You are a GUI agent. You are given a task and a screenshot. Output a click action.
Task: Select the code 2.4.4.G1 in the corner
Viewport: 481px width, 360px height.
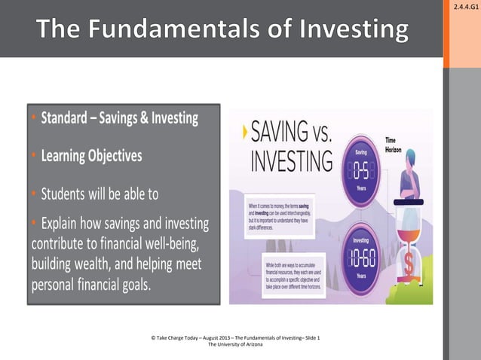(x=464, y=7)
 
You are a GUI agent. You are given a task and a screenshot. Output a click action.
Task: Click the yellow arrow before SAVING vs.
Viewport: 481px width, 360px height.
(x=244, y=133)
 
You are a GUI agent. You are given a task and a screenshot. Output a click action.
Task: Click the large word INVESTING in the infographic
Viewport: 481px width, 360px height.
(x=291, y=161)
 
